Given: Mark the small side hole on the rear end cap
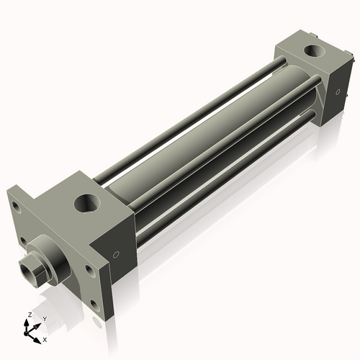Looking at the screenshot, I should (336, 91).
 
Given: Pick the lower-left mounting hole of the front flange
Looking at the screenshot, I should (24, 241).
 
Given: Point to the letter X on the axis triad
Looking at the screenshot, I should (45, 338).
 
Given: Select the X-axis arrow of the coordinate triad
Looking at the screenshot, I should (37, 336).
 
